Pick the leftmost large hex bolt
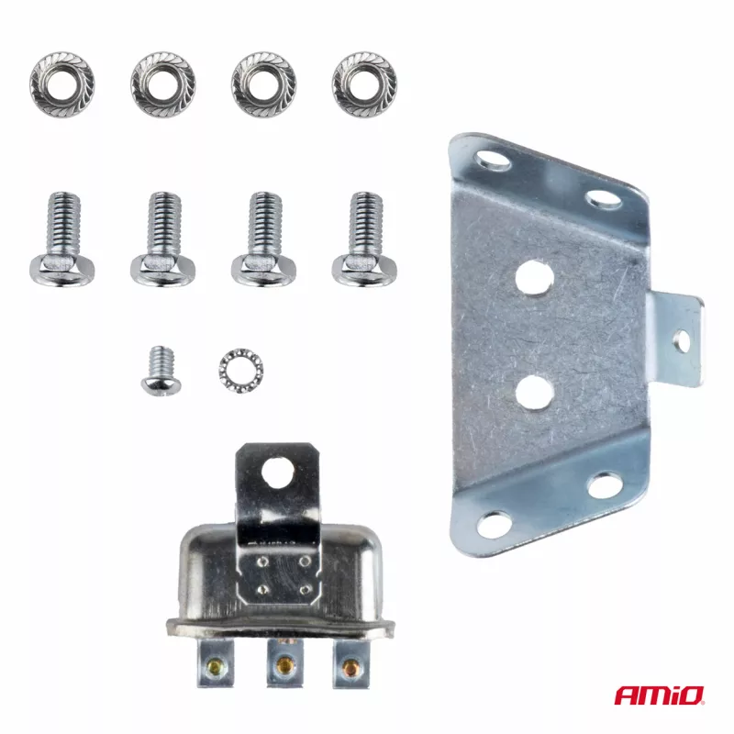click(x=62, y=239)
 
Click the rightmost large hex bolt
click(x=365, y=239)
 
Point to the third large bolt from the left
click(x=264, y=239)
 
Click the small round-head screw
click(x=161, y=372)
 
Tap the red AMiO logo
click(x=659, y=695)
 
